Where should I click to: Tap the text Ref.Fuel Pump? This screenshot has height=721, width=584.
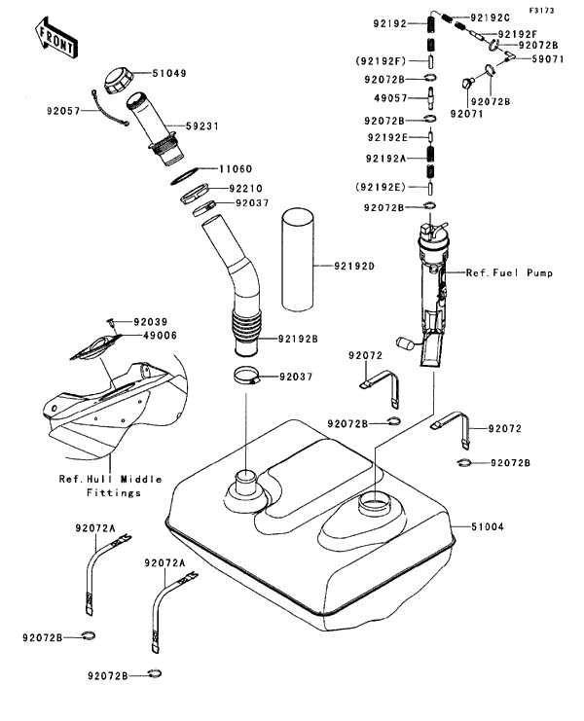pos(509,273)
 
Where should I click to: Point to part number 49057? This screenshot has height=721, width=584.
pos(384,96)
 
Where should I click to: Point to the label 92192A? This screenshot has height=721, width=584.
pos(387,156)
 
